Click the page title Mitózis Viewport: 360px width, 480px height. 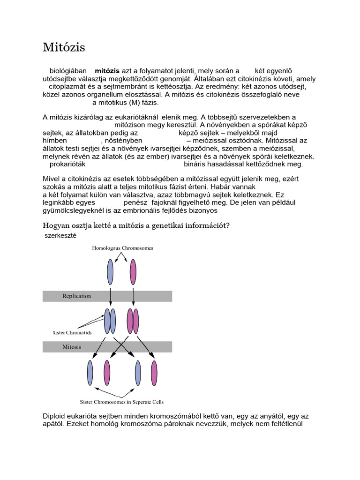(64, 47)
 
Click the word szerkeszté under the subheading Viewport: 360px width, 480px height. (60, 235)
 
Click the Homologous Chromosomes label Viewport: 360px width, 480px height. (122, 247)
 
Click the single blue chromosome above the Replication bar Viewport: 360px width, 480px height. (110, 272)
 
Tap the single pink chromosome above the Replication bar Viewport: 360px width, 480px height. (133, 272)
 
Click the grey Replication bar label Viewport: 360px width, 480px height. (77, 296)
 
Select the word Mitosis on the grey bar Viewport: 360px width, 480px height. (72, 347)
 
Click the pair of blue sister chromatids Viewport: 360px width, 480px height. (110, 321)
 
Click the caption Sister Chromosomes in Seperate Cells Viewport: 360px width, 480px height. (122, 402)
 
